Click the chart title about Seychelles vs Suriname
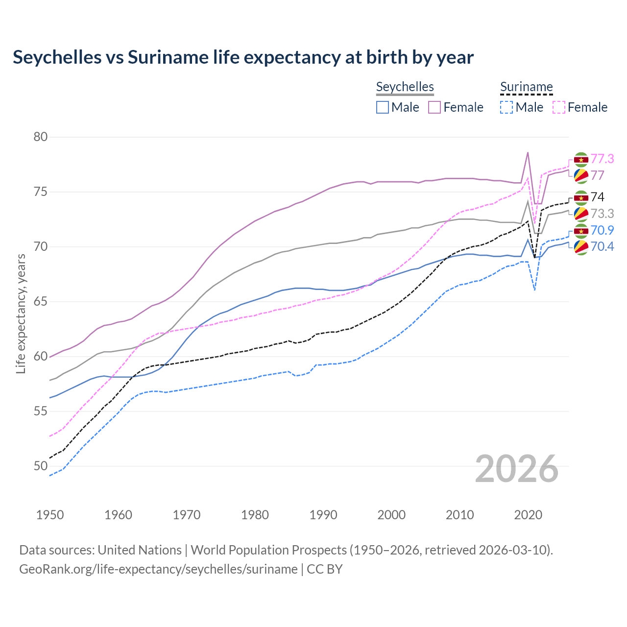pyautogui.click(x=243, y=57)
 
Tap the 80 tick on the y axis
pyautogui.click(x=41, y=137)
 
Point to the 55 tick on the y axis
pyautogui.click(x=41, y=411)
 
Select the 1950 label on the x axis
pyautogui.click(x=50, y=515)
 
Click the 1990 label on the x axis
pyautogui.click(x=323, y=515)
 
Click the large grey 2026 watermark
pyautogui.click(x=517, y=469)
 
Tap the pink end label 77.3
pyautogui.click(x=602, y=159)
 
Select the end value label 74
pyautogui.click(x=598, y=197)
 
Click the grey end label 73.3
pyautogui.click(x=602, y=214)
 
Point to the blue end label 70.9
pyautogui.click(x=602, y=230)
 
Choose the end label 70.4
pyautogui.click(x=602, y=246)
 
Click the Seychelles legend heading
pyautogui.click(x=405, y=87)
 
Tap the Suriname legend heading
pyautogui.click(x=526, y=87)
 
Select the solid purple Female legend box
pyautogui.click(x=435, y=107)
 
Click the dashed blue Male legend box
pyautogui.click(x=506, y=107)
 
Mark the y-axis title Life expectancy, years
pyautogui.click(x=21, y=313)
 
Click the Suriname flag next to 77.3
pyautogui.click(x=581, y=159)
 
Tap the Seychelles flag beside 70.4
pyautogui.click(x=581, y=247)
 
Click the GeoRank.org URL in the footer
pyautogui.click(x=158, y=569)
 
